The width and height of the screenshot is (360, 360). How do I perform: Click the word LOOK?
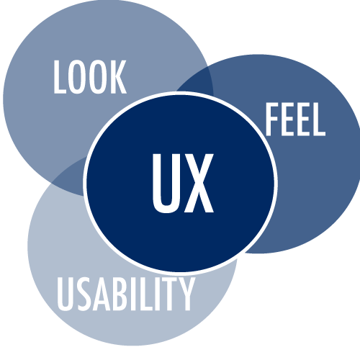tap(90, 77)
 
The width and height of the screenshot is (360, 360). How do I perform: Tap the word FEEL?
tap(295, 120)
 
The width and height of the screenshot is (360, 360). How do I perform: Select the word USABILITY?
tap(126, 294)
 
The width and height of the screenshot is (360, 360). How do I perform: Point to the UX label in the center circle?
tap(183, 184)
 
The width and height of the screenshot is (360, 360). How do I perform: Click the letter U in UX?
tap(166, 184)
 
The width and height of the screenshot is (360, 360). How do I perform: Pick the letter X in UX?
tap(199, 184)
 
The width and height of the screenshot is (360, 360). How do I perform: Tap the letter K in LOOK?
tap(118, 77)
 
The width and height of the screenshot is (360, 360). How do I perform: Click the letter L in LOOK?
tap(60, 77)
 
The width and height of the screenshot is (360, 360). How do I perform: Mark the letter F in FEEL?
tap(272, 120)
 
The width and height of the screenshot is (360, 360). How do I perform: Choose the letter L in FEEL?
tap(318, 120)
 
